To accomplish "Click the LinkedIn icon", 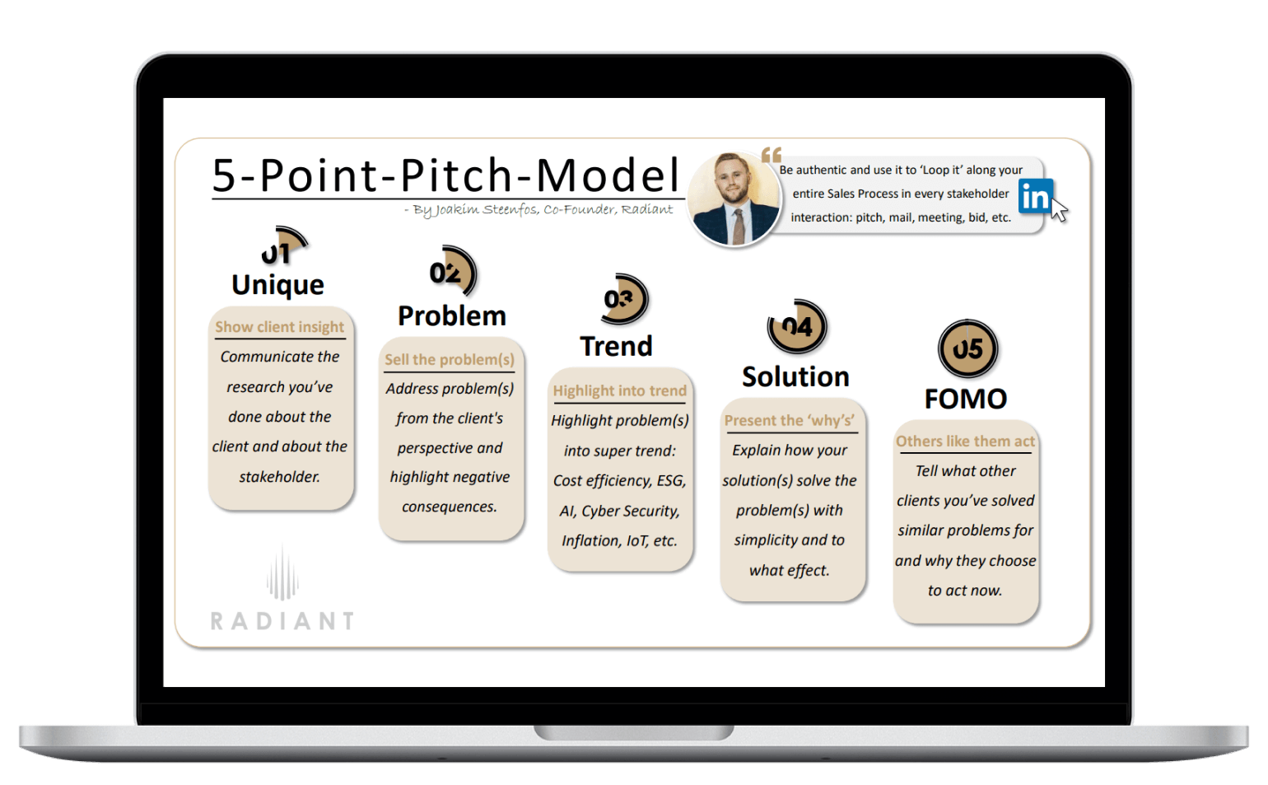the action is [1035, 196].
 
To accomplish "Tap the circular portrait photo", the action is [734, 199].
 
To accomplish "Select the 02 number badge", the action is [453, 271].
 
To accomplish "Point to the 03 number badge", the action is [624, 299].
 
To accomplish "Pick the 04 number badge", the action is [797, 326].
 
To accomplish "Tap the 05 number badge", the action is [967, 349].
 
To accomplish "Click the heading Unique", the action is [277, 285].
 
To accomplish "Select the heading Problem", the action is [452, 316].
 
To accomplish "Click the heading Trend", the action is [616, 346].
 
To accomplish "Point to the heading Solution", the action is [795, 376].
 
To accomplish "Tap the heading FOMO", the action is [966, 399].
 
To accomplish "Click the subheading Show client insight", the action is [280, 327].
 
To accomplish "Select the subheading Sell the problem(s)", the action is [450, 360].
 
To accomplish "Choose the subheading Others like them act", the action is [965, 442].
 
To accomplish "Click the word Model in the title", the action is [607, 175].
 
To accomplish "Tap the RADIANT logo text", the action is [282, 621].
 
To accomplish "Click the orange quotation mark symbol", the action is [772, 154].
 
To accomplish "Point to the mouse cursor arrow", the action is [1060, 208].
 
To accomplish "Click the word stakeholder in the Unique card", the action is [280, 477].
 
